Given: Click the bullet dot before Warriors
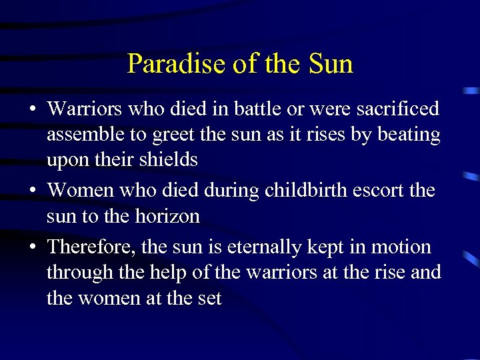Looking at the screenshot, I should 31,109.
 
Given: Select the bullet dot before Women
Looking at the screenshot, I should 31,191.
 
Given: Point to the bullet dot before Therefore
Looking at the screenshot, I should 31,248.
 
